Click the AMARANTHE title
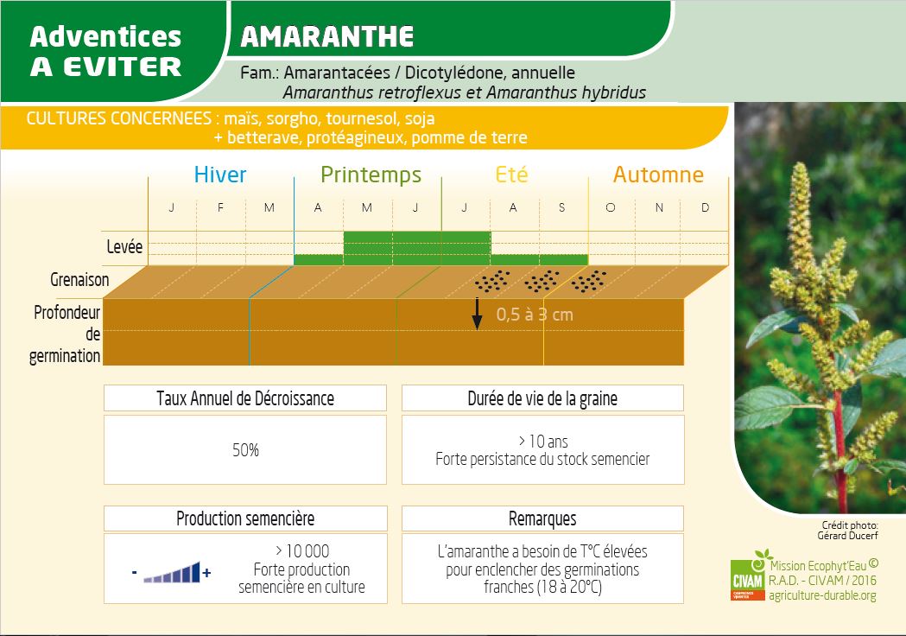click(x=327, y=36)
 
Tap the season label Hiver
click(x=220, y=175)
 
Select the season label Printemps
click(x=371, y=175)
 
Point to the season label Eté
click(x=511, y=175)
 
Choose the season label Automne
click(x=658, y=175)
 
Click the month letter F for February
click(x=220, y=208)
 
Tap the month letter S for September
click(x=562, y=208)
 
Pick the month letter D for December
click(x=706, y=208)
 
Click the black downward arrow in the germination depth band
click(x=476, y=313)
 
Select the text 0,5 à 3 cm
click(x=535, y=315)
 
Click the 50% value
click(x=245, y=450)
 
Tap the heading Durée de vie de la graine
click(x=542, y=398)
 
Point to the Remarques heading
click(x=542, y=518)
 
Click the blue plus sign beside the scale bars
click(x=206, y=572)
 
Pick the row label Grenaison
click(x=80, y=279)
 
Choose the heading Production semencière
click(x=245, y=518)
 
